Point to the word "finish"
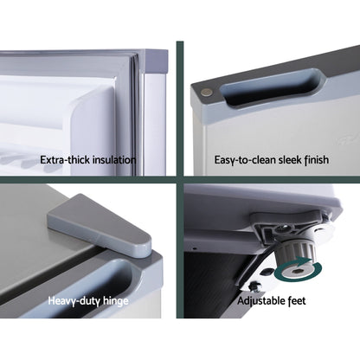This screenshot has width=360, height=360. [x=317, y=160]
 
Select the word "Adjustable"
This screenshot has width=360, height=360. [x=261, y=301]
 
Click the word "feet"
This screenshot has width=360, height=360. [x=297, y=301]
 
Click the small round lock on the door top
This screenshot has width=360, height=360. [x=207, y=93]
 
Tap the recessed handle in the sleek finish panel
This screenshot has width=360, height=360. [x=271, y=86]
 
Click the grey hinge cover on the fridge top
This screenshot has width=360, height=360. [x=100, y=225]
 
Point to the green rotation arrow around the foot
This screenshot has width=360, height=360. [x=299, y=270]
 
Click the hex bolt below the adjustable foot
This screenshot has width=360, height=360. [x=254, y=286]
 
